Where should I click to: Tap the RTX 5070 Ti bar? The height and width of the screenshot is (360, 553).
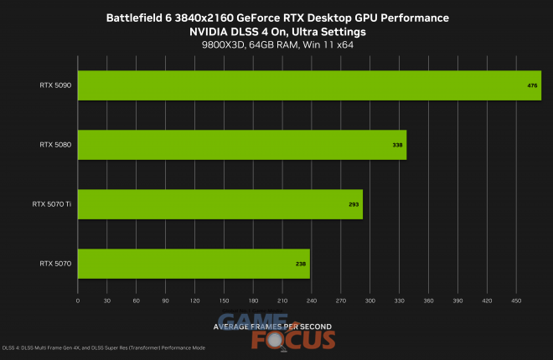[220, 204]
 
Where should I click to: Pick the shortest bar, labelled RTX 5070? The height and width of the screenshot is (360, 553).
[194, 264]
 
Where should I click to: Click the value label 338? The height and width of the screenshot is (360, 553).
[397, 145]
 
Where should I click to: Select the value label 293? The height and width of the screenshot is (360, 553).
[354, 204]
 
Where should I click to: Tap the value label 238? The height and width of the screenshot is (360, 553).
[301, 264]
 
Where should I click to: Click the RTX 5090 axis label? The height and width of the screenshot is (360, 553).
[55, 85]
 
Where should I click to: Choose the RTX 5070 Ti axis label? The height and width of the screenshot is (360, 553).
[52, 204]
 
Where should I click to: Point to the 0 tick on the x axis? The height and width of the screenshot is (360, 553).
[78, 300]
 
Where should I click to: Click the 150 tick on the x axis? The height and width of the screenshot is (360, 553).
[224, 300]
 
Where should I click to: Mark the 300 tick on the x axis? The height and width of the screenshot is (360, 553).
[370, 300]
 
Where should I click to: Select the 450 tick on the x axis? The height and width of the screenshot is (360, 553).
[515, 300]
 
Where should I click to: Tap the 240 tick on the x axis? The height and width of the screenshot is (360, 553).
[311, 300]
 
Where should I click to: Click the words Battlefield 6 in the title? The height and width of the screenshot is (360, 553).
[138, 18]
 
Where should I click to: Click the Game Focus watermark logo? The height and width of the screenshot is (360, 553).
[276, 331]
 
